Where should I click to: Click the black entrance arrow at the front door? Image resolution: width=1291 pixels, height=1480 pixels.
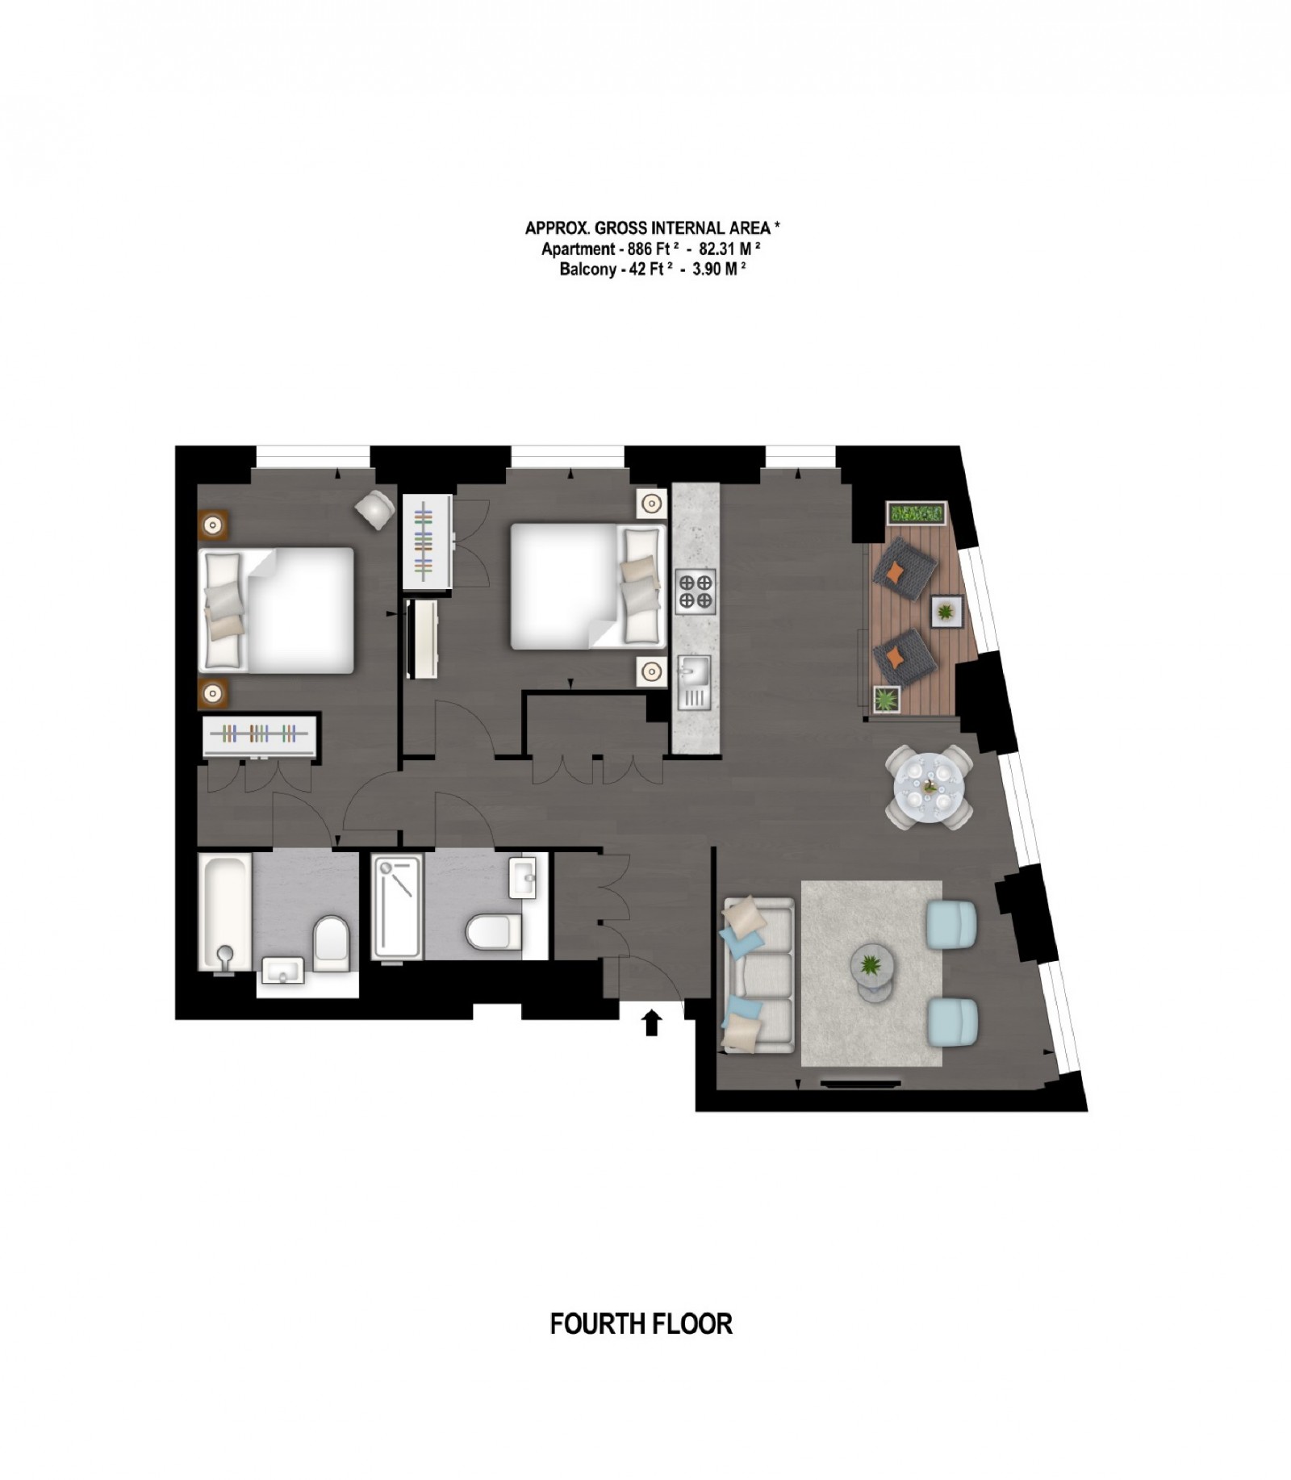[x=651, y=1022]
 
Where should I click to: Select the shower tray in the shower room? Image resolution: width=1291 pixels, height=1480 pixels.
[x=396, y=907]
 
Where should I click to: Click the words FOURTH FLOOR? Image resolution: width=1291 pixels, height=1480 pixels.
[x=641, y=1324]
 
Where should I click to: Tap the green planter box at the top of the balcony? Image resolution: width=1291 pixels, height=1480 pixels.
[x=916, y=512]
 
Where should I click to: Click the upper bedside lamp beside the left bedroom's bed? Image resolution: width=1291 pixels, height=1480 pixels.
[x=213, y=525]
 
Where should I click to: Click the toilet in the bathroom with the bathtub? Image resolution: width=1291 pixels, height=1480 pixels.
[x=331, y=943]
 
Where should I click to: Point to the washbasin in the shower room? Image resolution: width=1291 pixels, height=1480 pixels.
[x=523, y=877]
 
